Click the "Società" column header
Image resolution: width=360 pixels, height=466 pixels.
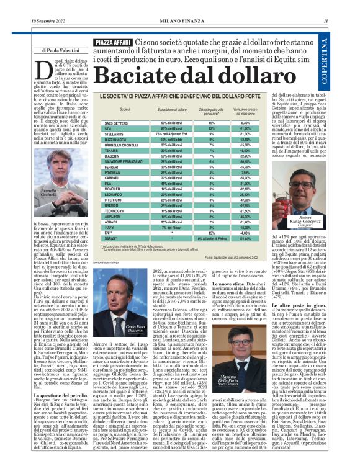[125, 109]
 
